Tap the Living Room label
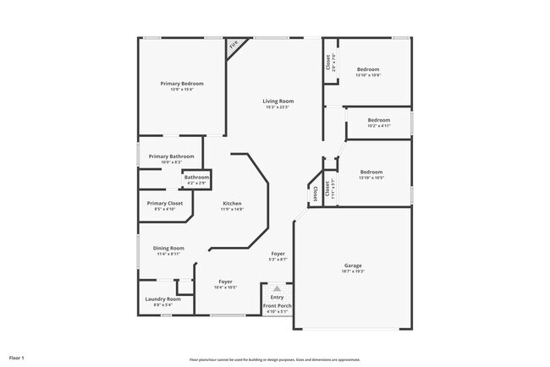click(278, 101)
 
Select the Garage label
click(353, 265)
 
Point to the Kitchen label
click(233, 204)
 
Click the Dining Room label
click(168, 248)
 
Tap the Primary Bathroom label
click(171, 156)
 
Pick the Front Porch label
click(277, 305)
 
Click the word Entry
click(278, 297)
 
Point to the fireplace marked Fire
click(234, 46)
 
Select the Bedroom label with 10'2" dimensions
click(378, 120)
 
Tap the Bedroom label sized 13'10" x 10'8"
click(368, 69)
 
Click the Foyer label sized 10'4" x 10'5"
click(226, 282)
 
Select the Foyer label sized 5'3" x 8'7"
click(278, 254)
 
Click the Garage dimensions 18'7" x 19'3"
click(353, 271)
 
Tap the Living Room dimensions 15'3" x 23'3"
click(278, 107)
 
